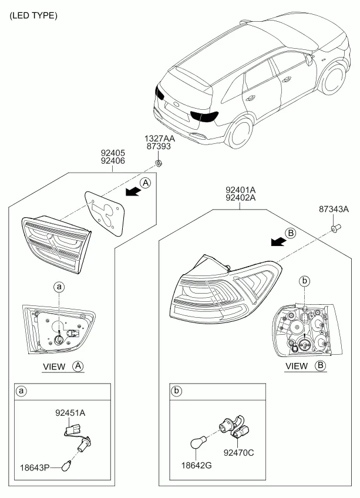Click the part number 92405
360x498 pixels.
click(x=113, y=153)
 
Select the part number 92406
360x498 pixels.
click(x=113, y=161)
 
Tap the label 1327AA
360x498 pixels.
click(x=160, y=139)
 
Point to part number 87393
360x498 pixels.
click(x=159, y=146)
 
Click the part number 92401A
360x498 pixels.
click(x=241, y=190)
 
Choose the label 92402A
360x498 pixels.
click(x=241, y=197)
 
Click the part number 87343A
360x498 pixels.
click(x=334, y=209)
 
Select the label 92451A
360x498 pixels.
click(x=70, y=413)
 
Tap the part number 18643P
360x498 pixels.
click(x=35, y=468)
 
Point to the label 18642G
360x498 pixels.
click(x=196, y=466)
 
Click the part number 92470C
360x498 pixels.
click(x=238, y=453)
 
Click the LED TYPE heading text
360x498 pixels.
click(x=33, y=15)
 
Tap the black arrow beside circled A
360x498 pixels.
click(x=133, y=191)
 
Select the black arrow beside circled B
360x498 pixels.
click(x=278, y=242)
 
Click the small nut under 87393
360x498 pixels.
click(x=158, y=164)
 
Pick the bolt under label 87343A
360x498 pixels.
click(x=335, y=227)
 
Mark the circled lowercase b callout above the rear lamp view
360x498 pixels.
click(x=304, y=281)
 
